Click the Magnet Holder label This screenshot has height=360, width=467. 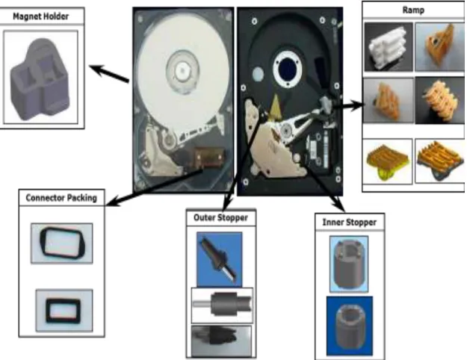[41, 16]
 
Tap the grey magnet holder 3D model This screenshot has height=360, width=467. [40, 79]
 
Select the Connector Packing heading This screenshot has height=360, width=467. [61, 198]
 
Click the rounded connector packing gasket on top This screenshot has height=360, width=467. [62, 243]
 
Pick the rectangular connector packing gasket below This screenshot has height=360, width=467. [64, 311]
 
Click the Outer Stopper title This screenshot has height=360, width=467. [220, 217]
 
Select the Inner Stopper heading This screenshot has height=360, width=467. [350, 223]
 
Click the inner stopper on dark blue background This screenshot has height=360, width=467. [350, 326]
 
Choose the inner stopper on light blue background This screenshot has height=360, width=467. [349, 264]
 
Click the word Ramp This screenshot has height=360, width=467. [413, 10]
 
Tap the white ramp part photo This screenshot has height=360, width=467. [389, 47]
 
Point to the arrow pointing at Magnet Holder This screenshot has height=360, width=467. [109, 73]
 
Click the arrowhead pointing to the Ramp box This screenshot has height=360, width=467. [359, 105]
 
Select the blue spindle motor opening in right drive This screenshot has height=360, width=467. [288, 69]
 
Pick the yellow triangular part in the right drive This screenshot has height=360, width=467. [275, 106]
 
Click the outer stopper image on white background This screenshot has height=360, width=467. [222, 305]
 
